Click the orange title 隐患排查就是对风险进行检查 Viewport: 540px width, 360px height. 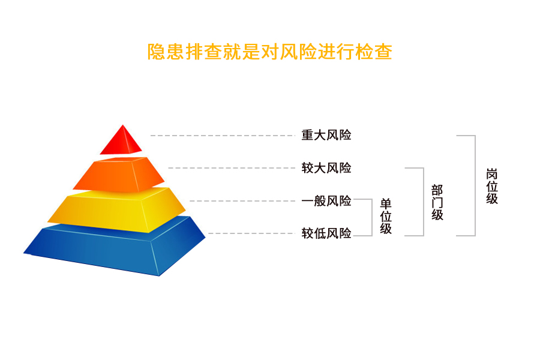coord(269,52)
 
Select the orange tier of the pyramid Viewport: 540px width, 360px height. coord(119,175)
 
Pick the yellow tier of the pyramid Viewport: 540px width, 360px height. coord(116,209)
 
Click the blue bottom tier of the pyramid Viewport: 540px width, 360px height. coord(115,246)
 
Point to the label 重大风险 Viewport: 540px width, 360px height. coord(326,135)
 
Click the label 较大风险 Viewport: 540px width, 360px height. coord(326,168)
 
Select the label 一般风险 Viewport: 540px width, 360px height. coord(326,201)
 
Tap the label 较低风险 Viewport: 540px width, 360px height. coord(326,233)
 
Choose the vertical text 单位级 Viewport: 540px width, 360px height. coord(386,217)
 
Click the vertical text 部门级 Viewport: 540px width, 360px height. coord(437,203)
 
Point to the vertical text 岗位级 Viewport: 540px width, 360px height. coord(492,186)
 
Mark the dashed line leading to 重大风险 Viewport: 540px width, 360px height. coord(223,136)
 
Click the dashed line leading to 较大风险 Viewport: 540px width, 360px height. coord(232,168)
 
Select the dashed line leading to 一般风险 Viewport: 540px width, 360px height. coord(242,201)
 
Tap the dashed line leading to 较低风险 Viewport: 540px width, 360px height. coord(252,233)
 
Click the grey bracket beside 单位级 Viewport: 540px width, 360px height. coord(372,217)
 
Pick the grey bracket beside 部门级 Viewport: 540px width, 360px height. coord(424,202)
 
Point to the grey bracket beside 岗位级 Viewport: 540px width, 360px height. coord(475,185)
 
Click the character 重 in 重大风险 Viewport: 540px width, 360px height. coord(307,135)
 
